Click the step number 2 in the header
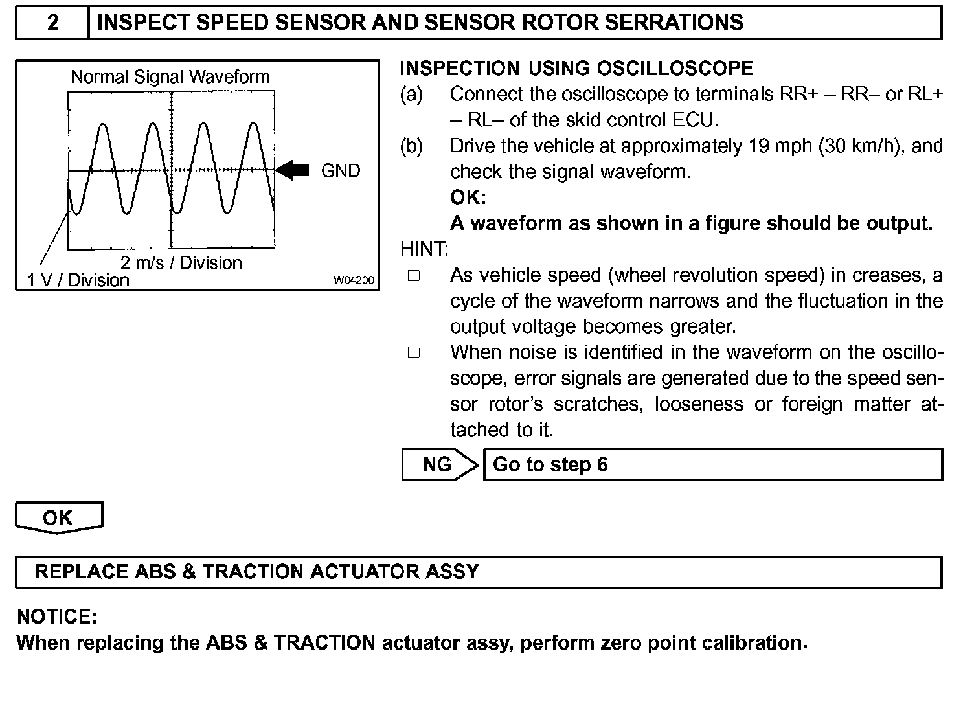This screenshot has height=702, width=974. (52, 23)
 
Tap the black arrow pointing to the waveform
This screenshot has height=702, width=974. (293, 170)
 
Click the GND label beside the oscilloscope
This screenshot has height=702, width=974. (341, 171)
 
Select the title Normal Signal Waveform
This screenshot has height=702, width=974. (170, 77)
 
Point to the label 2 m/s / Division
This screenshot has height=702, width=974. (181, 262)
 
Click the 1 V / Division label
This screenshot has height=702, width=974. (78, 280)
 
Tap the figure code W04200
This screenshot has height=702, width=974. (354, 280)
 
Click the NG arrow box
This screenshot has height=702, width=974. (439, 464)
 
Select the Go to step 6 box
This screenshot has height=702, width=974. (712, 464)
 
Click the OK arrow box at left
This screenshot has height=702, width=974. (58, 517)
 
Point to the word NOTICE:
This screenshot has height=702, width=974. (57, 617)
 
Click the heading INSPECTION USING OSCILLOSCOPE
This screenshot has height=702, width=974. (576, 69)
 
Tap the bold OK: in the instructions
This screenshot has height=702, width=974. (468, 198)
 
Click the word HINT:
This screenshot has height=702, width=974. (424, 249)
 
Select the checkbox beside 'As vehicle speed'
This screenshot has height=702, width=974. (414, 276)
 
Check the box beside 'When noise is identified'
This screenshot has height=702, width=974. (414, 353)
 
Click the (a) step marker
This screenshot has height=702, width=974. (411, 95)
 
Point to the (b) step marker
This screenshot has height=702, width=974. (411, 146)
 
